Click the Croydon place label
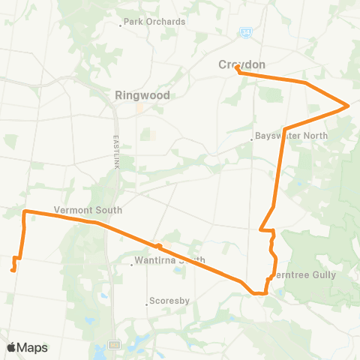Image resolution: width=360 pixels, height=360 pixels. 241,64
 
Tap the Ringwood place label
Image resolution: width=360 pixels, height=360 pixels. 142,95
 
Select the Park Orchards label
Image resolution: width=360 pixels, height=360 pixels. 154,22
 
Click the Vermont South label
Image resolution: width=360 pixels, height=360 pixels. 88,210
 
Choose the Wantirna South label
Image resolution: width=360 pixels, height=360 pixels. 169,262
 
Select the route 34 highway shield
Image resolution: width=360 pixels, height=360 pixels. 246,32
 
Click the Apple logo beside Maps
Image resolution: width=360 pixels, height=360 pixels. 11,347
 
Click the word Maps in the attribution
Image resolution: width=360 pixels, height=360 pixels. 32,347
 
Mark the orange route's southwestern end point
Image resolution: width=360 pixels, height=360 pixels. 13,269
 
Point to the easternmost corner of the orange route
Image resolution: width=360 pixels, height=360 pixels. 348,106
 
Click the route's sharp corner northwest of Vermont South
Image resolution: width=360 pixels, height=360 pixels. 25,212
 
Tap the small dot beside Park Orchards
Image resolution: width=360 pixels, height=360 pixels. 121,25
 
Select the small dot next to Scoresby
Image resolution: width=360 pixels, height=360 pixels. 147,304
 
